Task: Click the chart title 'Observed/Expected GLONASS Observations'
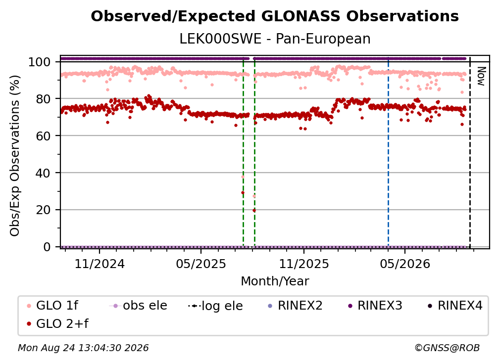(x=275, y=16)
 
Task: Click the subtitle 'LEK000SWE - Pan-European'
(x=275, y=39)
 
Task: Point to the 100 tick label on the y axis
(x=39, y=62)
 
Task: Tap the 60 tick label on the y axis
(x=43, y=136)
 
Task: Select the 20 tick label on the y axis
(x=43, y=210)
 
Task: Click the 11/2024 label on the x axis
(x=100, y=264)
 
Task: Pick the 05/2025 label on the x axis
(x=201, y=264)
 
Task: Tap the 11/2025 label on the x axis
(x=304, y=264)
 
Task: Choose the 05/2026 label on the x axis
(x=405, y=264)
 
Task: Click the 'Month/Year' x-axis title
(x=275, y=281)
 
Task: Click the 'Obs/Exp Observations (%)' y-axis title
(x=15, y=155)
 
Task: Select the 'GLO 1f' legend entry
(x=52, y=306)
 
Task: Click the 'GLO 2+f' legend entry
(x=57, y=324)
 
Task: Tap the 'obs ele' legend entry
(x=138, y=306)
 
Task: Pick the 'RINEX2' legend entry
(x=296, y=306)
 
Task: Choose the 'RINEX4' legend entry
(x=455, y=306)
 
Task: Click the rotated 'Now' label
(x=481, y=76)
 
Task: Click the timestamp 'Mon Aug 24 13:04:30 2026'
(x=83, y=348)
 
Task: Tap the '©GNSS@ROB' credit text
(x=447, y=348)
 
